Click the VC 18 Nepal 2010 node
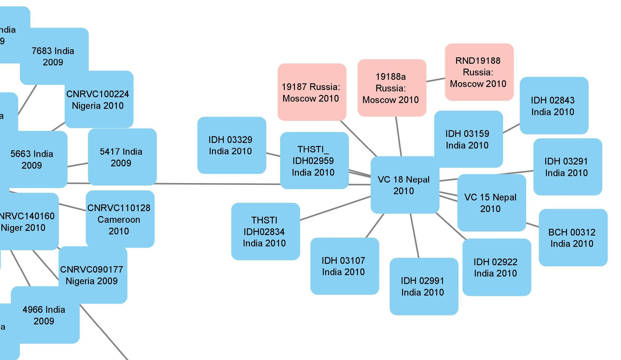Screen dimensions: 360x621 [404, 185]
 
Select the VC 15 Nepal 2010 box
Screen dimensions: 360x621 [491, 203]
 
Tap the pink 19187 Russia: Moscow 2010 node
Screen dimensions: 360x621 [312, 92]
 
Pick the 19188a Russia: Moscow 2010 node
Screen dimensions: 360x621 [391, 88]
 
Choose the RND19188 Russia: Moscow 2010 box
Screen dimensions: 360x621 [479, 72]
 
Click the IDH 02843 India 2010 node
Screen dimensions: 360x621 [554, 106]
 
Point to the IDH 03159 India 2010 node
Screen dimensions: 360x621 [468, 139]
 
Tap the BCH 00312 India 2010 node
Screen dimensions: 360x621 [573, 237]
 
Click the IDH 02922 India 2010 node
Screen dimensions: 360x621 [496, 267]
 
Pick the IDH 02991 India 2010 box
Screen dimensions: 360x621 [424, 286]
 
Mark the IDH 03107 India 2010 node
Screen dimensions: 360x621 [344, 266]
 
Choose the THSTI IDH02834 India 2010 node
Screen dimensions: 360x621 [265, 231]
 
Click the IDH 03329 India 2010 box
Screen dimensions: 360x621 [231, 145]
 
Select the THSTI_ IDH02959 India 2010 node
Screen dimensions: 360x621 [314, 161]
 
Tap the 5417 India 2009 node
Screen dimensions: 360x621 [122, 157]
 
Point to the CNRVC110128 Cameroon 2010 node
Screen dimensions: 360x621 [120, 219]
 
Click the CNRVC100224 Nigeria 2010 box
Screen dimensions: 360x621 [99, 99]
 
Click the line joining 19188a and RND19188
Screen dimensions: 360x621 [435, 80]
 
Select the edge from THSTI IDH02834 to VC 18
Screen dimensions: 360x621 [335, 208]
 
